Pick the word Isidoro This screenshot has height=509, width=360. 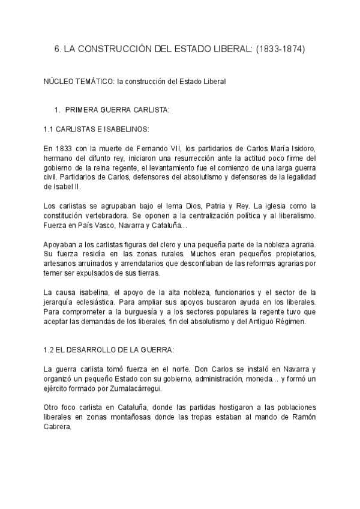[298, 148]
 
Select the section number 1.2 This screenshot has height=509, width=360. [50, 350]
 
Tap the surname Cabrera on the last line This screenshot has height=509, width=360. [58, 427]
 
